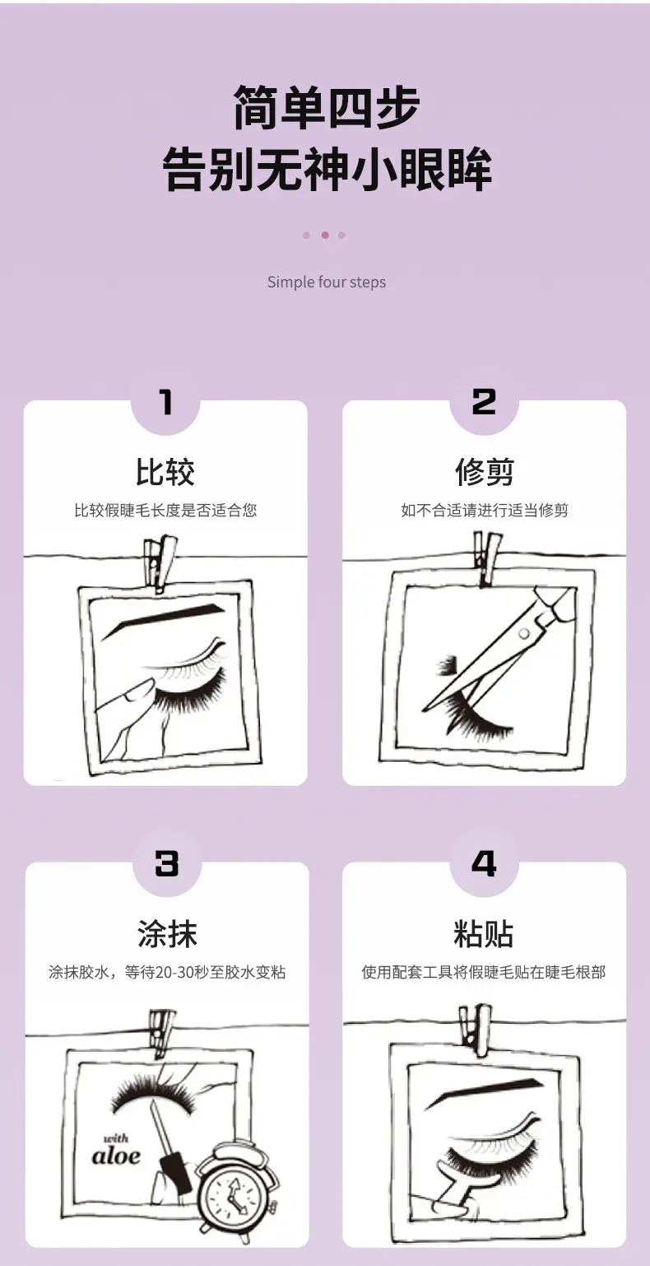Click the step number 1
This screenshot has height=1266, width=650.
[x=165, y=403]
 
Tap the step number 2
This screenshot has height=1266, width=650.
[x=484, y=402]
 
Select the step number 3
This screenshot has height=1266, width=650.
[x=166, y=863]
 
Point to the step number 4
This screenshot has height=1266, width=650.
[x=484, y=863]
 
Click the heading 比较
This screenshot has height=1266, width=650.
[x=165, y=472]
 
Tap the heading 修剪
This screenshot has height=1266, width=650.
[x=485, y=472]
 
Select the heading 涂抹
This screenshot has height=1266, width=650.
[x=167, y=934]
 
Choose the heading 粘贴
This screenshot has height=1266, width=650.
[x=484, y=934]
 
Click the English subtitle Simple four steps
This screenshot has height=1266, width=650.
[x=327, y=282]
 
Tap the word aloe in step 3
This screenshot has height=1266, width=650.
[x=116, y=1156]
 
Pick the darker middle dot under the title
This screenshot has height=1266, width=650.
[x=325, y=235]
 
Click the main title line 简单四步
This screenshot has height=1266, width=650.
[x=327, y=107]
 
